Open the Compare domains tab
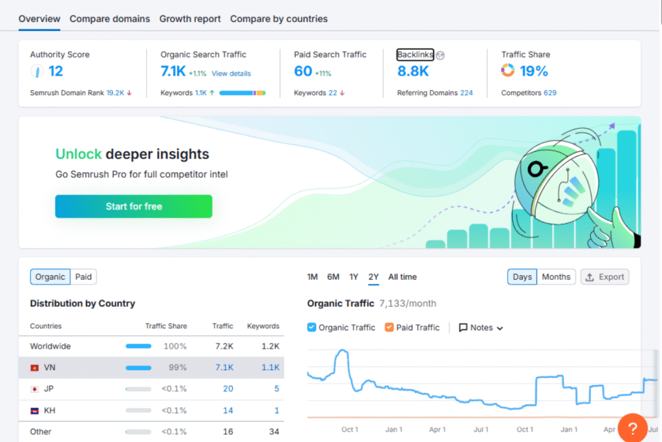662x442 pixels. point(109,19)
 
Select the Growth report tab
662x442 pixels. point(190,19)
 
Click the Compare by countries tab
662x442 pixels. point(279,19)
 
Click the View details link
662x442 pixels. point(231,74)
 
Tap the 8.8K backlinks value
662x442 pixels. point(413,71)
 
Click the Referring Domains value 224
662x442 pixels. point(466,93)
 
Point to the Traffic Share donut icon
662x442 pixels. point(508,71)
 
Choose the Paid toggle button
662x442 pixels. point(83,277)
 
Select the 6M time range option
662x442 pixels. point(333,277)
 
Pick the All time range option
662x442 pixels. point(402,277)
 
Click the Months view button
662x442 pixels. point(556,277)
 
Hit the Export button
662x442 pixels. point(604,277)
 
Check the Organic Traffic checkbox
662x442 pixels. point(312,327)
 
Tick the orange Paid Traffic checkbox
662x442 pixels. point(389,327)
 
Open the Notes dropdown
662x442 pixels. point(481,327)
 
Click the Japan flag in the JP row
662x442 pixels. point(34,389)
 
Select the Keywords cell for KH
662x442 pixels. point(277,410)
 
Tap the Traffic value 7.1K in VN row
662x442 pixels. point(224,368)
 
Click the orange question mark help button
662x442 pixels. point(633,428)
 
